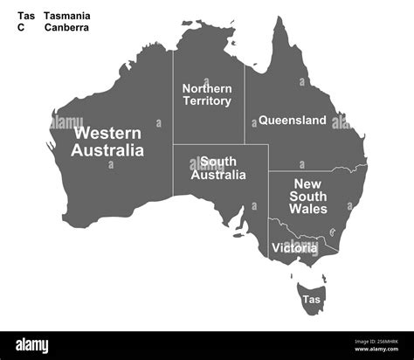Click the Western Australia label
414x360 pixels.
(108, 142)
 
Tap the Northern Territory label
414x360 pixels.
(207, 94)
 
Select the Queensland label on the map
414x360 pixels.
(293, 120)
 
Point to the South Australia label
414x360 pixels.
(218, 168)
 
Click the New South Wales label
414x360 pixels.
(309, 197)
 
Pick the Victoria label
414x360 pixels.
(294, 248)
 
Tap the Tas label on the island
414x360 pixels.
(311, 300)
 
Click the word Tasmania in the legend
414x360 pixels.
(67, 16)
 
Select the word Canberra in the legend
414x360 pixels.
(67, 27)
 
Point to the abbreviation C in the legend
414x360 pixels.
(21, 27)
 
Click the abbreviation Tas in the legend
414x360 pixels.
(26, 16)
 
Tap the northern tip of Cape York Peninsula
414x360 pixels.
(279, 19)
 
